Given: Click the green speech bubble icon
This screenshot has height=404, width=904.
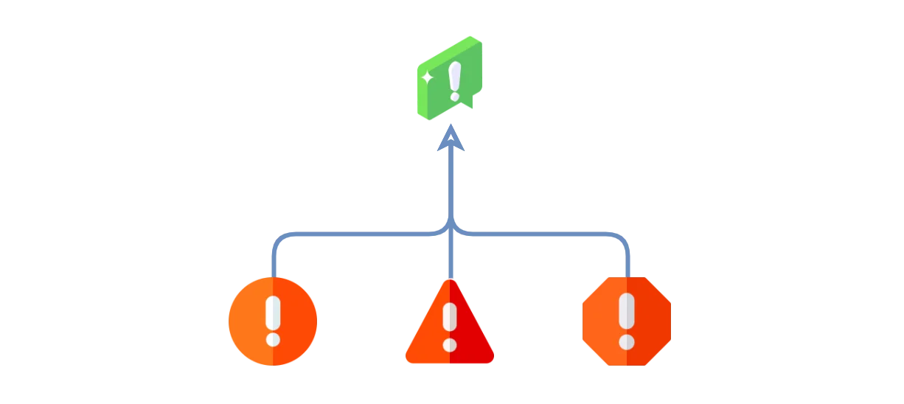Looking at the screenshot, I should click(x=449, y=80).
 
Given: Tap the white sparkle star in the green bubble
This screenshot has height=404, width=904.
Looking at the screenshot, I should click(x=427, y=77).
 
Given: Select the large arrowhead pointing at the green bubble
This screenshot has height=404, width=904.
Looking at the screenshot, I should click(x=451, y=139).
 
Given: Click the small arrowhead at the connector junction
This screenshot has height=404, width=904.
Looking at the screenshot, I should click(x=451, y=222).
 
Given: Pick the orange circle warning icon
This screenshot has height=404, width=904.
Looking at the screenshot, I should click(x=273, y=321).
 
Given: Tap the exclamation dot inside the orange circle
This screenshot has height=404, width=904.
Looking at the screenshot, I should click(x=273, y=339).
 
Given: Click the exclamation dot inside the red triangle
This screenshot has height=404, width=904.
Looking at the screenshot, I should click(x=449, y=344).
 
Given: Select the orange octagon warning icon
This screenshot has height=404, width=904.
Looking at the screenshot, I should click(x=626, y=321).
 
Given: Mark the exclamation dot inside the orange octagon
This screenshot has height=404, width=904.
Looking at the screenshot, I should click(x=626, y=341).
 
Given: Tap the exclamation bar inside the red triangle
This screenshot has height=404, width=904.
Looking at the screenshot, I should click(x=449, y=319).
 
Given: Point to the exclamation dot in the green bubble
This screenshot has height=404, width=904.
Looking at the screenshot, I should click(x=454, y=96).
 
